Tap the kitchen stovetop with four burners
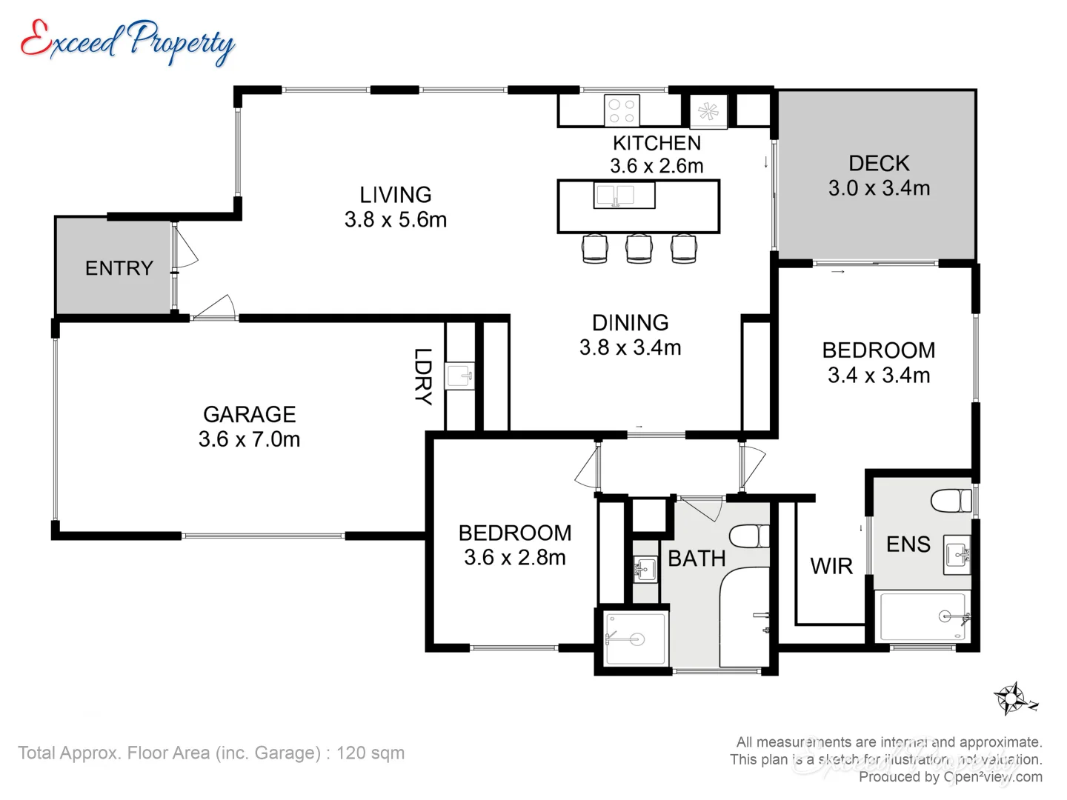click(621, 111)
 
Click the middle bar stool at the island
click(639, 248)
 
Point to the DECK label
click(879, 163)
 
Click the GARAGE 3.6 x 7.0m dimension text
click(249, 439)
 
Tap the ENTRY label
click(119, 268)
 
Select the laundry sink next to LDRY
click(459, 376)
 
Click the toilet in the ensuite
click(951, 501)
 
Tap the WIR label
click(831, 567)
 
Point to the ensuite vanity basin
click(957, 555)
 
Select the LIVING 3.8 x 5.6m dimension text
click(396, 220)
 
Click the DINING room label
click(630, 323)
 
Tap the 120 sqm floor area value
click(370, 753)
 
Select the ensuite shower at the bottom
click(923, 616)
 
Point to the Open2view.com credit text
click(992, 777)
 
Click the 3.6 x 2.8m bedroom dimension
click(515, 558)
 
